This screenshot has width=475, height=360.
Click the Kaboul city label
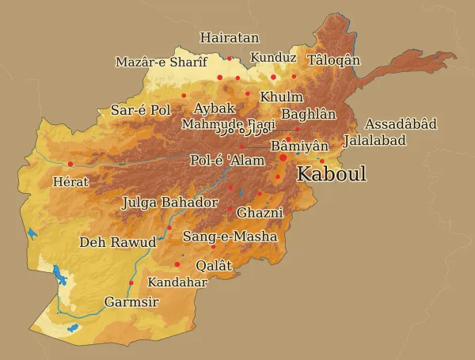point(331,174)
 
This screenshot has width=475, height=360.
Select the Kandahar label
point(177,282)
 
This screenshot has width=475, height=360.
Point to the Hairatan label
point(229,37)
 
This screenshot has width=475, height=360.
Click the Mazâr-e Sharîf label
point(161,62)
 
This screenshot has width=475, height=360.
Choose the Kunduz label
point(273,58)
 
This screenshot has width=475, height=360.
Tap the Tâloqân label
point(333,60)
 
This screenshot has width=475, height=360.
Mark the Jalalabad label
point(374,140)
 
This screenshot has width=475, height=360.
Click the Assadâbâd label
point(401,124)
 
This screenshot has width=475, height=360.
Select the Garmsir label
point(131,302)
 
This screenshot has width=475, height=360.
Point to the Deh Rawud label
point(118,241)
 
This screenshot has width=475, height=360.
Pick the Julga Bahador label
point(169,203)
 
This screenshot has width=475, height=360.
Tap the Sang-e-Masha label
point(230,237)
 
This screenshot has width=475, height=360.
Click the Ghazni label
point(260,213)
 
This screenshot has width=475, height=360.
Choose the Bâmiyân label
point(299,146)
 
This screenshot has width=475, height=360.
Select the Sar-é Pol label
point(141,110)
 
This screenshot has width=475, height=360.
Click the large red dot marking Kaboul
point(283,158)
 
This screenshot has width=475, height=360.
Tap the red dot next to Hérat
point(70,164)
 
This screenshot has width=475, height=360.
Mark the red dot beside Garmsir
point(131,282)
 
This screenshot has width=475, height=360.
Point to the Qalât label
point(214,266)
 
